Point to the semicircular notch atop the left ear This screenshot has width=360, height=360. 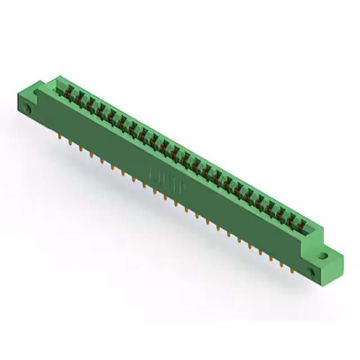pyautogui.click(x=39, y=89)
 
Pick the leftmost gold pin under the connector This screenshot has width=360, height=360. pyautogui.click(x=60, y=136)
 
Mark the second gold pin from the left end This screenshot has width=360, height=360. pyautogui.click(x=70, y=142)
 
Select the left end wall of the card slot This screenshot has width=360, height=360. pyautogui.click(x=57, y=84)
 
